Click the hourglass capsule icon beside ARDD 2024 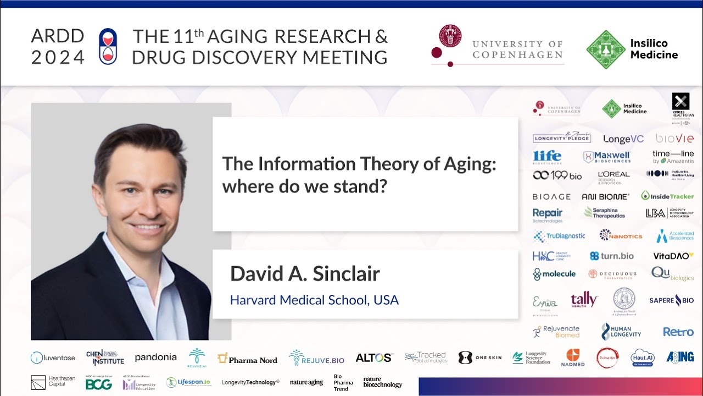(x=108, y=47)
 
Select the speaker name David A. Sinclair (x=305, y=273)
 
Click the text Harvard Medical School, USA (x=314, y=300)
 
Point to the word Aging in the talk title (x=472, y=164)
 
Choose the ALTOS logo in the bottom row (x=373, y=358)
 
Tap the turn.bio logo (x=611, y=256)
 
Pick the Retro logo (x=678, y=332)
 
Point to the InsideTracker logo (x=667, y=196)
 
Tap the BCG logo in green (x=98, y=384)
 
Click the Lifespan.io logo (x=188, y=382)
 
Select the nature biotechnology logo (x=382, y=382)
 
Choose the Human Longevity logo (x=621, y=332)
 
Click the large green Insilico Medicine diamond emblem (x=606, y=50)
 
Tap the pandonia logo (x=155, y=358)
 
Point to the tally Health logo (x=584, y=300)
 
